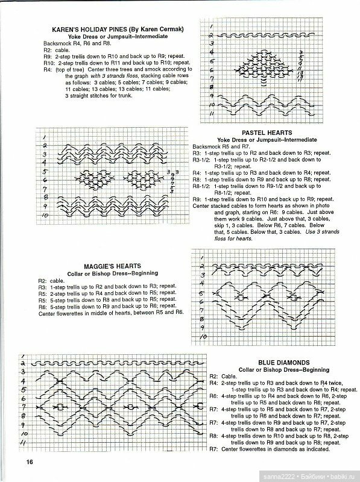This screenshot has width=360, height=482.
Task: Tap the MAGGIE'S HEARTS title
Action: (x=113, y=265)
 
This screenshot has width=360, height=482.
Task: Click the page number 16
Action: (x=28, y=462)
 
